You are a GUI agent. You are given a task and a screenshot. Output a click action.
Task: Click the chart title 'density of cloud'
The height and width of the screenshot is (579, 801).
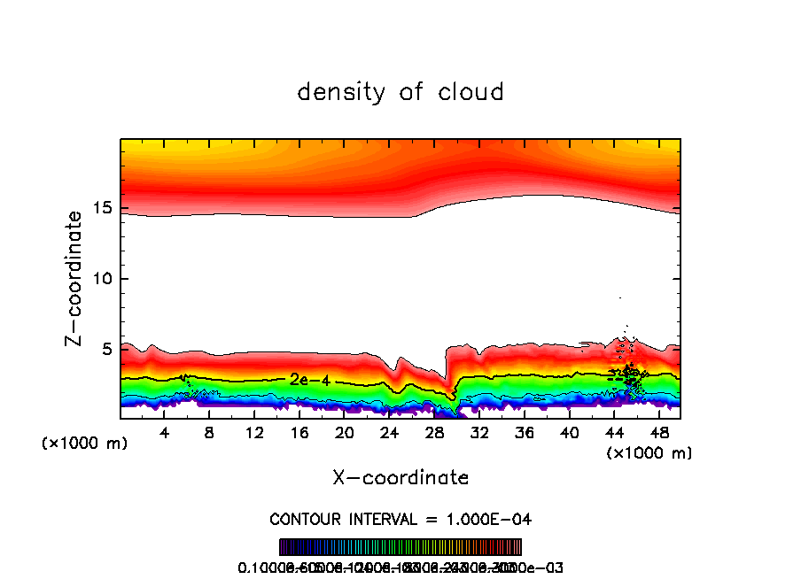pos(400,92)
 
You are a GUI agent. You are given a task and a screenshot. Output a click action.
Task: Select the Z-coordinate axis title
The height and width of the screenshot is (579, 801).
pos(76,278)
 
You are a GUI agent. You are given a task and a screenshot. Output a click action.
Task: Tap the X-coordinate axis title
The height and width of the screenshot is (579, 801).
pos(400,478)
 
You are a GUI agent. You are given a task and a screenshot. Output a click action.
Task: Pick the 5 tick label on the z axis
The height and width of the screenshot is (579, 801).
pos(104,350)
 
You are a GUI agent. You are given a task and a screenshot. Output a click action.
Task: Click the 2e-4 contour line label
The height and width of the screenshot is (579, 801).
pos(309,380)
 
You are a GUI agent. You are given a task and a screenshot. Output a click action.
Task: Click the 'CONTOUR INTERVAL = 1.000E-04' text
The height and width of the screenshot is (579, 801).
pos(400,519)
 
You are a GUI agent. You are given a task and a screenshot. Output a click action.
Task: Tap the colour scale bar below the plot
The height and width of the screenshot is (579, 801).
pos(400,547)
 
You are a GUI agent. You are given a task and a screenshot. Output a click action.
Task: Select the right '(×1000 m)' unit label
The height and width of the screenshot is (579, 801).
pos(649,453)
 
